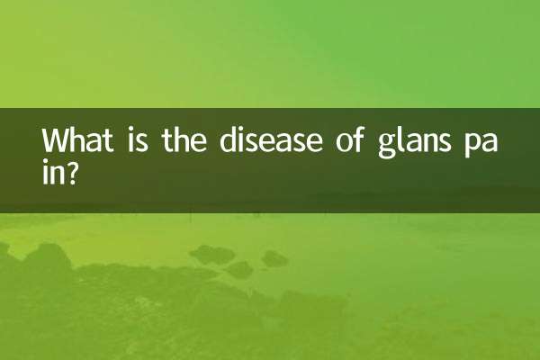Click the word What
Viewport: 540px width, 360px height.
tap(77, 142)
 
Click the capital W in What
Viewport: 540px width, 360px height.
tap(56, 142)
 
